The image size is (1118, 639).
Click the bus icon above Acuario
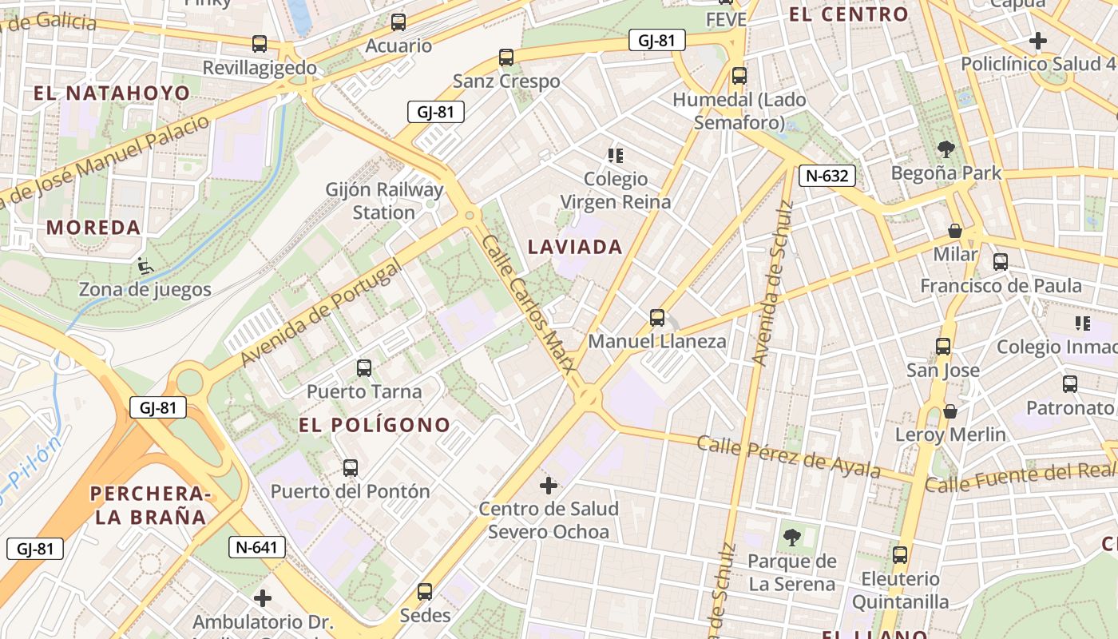click(398, 22)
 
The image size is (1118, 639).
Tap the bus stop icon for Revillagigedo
click(260, 44)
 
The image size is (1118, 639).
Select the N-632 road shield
click(827, 176)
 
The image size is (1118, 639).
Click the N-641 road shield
click(256, 547)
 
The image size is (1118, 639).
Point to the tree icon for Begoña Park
click(946, 149)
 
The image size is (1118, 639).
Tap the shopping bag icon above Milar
click(954, 232)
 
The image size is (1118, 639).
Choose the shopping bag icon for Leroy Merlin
click(950, 411)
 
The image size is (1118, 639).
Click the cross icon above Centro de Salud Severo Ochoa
click(549, 486)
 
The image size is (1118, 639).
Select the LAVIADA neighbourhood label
click(575, 247)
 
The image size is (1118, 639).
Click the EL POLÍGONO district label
click(375, 425)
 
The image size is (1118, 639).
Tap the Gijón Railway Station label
click(384, 201)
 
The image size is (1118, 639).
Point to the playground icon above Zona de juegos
click(145, 265)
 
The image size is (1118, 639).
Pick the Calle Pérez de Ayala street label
click(788, 457)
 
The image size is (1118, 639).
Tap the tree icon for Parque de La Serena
click(791, 537)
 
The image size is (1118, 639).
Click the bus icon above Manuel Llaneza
click(657, 318)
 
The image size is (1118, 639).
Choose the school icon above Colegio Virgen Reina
click(615, 155)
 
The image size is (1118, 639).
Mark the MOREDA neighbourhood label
click(93, 228)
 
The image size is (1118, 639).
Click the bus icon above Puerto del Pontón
click(350, 468)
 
